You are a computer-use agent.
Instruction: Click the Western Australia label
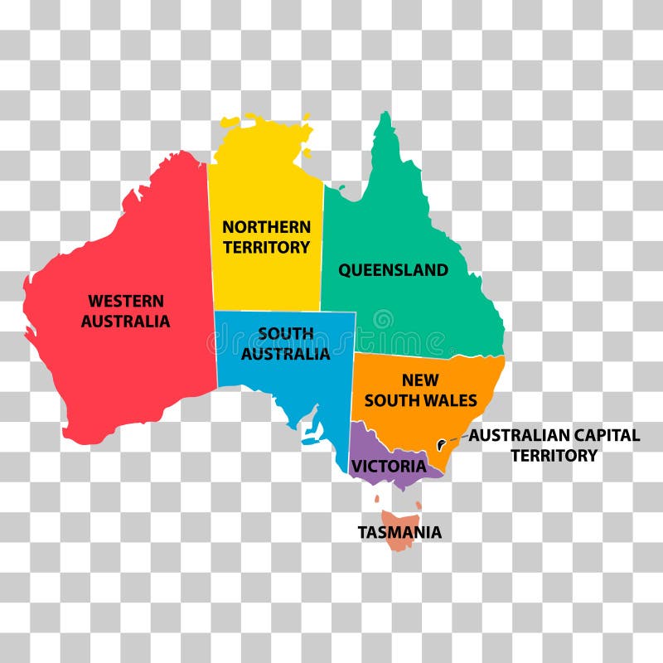pos(125,311)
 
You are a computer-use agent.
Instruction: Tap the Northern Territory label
pos(266,237)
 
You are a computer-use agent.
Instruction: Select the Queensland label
pos(393,270)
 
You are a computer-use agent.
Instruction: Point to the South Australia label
pos(285,344)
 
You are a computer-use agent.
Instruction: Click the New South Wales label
pos(420,390)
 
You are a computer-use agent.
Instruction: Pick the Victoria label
pos(388,467)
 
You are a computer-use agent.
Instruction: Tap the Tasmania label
pos(399,532)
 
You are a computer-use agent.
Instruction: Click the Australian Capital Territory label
pos(554,445)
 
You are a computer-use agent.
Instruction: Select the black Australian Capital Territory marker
pos(443,444)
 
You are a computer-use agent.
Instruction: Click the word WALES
pos(452,401)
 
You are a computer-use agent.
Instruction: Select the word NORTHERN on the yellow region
pos(266,226)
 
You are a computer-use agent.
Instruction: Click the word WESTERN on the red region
pos(126,301)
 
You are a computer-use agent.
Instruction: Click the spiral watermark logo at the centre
pos(383,319)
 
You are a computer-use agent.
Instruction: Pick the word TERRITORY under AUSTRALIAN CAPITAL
pos(554,456)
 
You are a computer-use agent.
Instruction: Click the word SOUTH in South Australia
pos(285,334)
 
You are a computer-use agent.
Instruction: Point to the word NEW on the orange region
pos(420,380)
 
